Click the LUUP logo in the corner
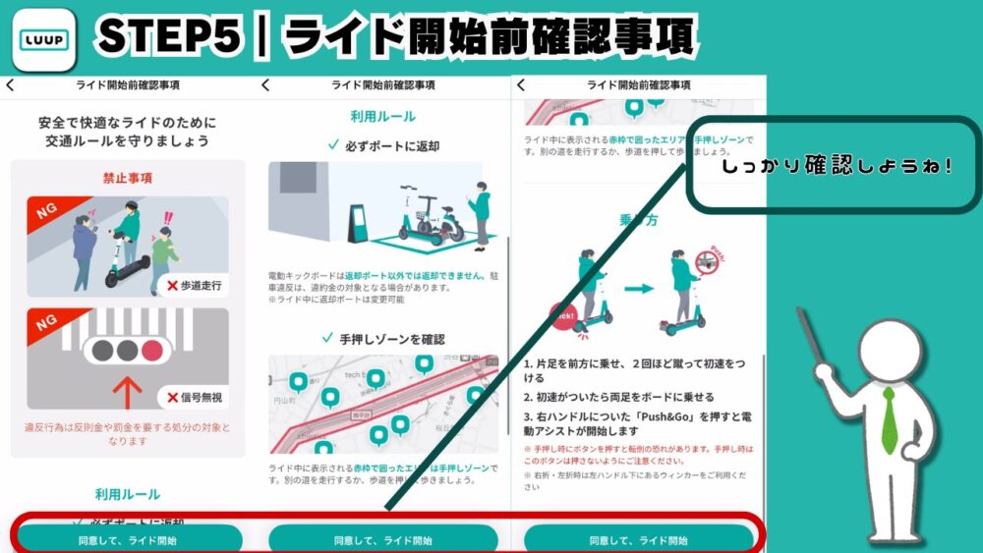(44, 39)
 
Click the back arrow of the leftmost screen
(10, 85)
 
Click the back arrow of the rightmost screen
(521, 85)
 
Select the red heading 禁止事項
(127, 179)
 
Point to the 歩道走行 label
(196, 286)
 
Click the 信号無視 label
(196, 398)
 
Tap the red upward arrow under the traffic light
(128, 389)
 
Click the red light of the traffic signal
(150, 351)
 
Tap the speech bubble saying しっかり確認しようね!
(836, 166)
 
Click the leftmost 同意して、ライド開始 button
(128, 539)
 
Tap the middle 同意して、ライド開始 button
(382, 539)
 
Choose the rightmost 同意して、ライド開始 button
(638, 539)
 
